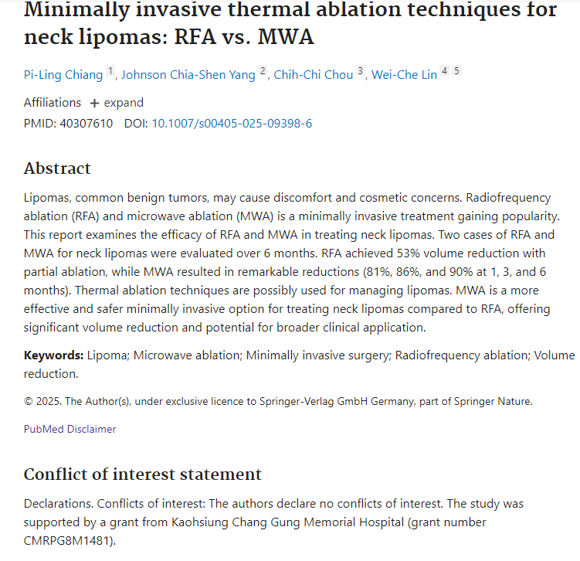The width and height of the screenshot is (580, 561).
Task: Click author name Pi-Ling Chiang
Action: pyautogui.click(x=63, y=75)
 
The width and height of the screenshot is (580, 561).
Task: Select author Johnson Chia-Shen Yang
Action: pyautogui.click(x=188, y=75)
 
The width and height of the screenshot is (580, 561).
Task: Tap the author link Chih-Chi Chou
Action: pyautogui.click(x=314, y=75)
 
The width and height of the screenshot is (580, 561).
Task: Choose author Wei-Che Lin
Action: pyautogui.click(x=404, y=75)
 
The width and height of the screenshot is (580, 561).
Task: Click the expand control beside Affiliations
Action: pyautogui.click(x=117, y=103)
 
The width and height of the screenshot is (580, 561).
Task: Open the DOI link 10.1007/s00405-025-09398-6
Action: pyautogui.click(x=232, y=124)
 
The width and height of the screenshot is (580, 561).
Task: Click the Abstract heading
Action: pyautogui.click(x=57, y=168)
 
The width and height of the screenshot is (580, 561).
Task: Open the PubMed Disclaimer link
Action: pyautogui.click(x=70, y=429)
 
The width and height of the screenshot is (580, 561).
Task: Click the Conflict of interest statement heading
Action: pyautogui.click(x=143, y=474)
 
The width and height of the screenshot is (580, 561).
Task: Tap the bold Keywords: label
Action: pyautogui.click(x=53, y=355)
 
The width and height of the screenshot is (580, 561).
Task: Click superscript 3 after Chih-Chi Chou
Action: pyautogui.click(x=360, y=72)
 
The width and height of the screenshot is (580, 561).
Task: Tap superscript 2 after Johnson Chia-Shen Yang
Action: pyautogui.click(x=263, y=72)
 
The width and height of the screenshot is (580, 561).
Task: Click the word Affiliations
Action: pyautogui.click(x=53, y=103)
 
